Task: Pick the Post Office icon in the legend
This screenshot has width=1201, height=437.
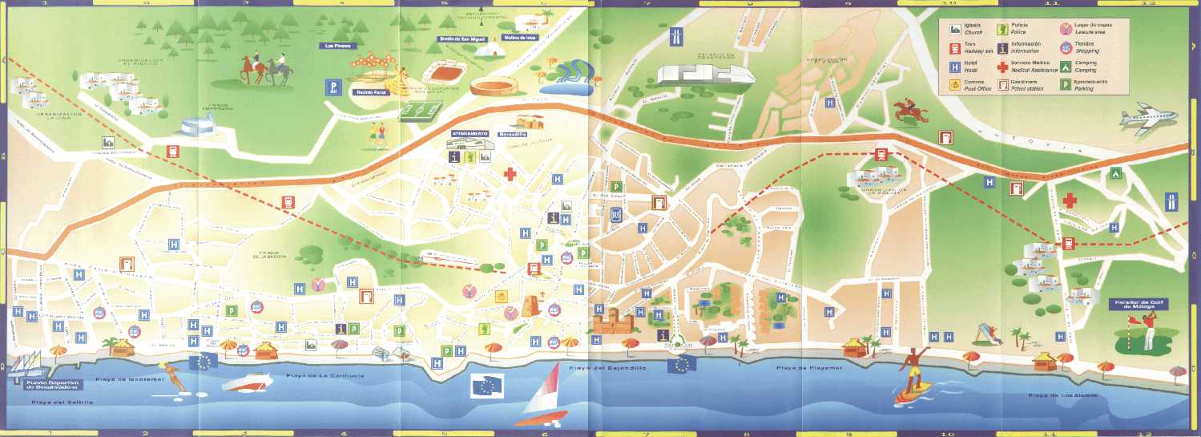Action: pyautogui.click(x=955, y=85)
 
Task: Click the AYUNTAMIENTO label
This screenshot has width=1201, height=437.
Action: pyautogui.click(x=470, y=133)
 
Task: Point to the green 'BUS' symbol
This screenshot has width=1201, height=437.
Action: pyautogui.click(x=616, y=215)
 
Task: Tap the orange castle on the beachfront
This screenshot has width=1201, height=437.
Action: pyautogui.click(x=614, y=322)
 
